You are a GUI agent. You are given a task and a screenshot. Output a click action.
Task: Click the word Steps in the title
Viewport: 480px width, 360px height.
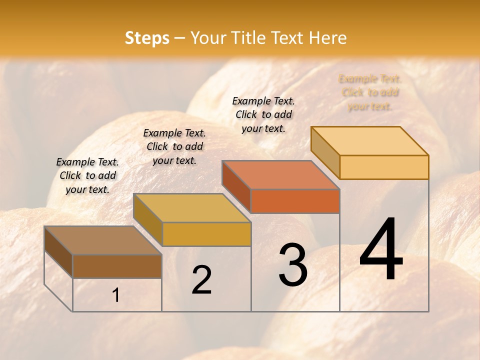(x=147, y=38)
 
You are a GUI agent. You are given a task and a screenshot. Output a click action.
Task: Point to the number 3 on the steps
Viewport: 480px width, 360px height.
(x=293, y=265)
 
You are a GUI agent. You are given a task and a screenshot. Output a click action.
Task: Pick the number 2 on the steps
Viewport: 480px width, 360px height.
(x=201, y=280)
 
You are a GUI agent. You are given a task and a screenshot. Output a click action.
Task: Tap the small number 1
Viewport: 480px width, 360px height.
(x=115, y=295)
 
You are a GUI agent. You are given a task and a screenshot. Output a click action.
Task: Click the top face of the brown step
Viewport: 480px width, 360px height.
(x=102, y=240)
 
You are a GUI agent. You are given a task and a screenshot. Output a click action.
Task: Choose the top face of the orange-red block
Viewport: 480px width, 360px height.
(x=280, y=175)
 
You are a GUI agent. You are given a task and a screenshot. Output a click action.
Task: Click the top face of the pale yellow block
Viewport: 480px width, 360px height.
(x=369, y=141)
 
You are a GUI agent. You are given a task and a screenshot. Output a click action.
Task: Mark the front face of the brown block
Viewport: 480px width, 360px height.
(x=117, y=266)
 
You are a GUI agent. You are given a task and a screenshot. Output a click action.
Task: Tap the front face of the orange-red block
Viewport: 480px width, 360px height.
(x=295, y=201)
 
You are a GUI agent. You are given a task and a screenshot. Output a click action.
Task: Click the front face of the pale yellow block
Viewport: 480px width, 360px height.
(x=384, y=167)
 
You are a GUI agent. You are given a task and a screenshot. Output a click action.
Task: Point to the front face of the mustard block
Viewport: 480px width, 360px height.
(x=206, y=234)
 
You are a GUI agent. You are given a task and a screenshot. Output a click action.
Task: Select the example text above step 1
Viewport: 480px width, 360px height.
(x=87, y=175)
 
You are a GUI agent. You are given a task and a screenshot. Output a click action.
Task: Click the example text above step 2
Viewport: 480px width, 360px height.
(x=174, y=146)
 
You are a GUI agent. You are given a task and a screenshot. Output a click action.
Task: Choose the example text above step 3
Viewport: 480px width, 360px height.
(x=263, y=114)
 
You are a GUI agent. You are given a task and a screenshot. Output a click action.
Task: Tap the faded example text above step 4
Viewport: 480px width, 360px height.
(x=370, y=92)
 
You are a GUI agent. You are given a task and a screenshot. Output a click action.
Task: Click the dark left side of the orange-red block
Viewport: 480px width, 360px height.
(x=236, y=186)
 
